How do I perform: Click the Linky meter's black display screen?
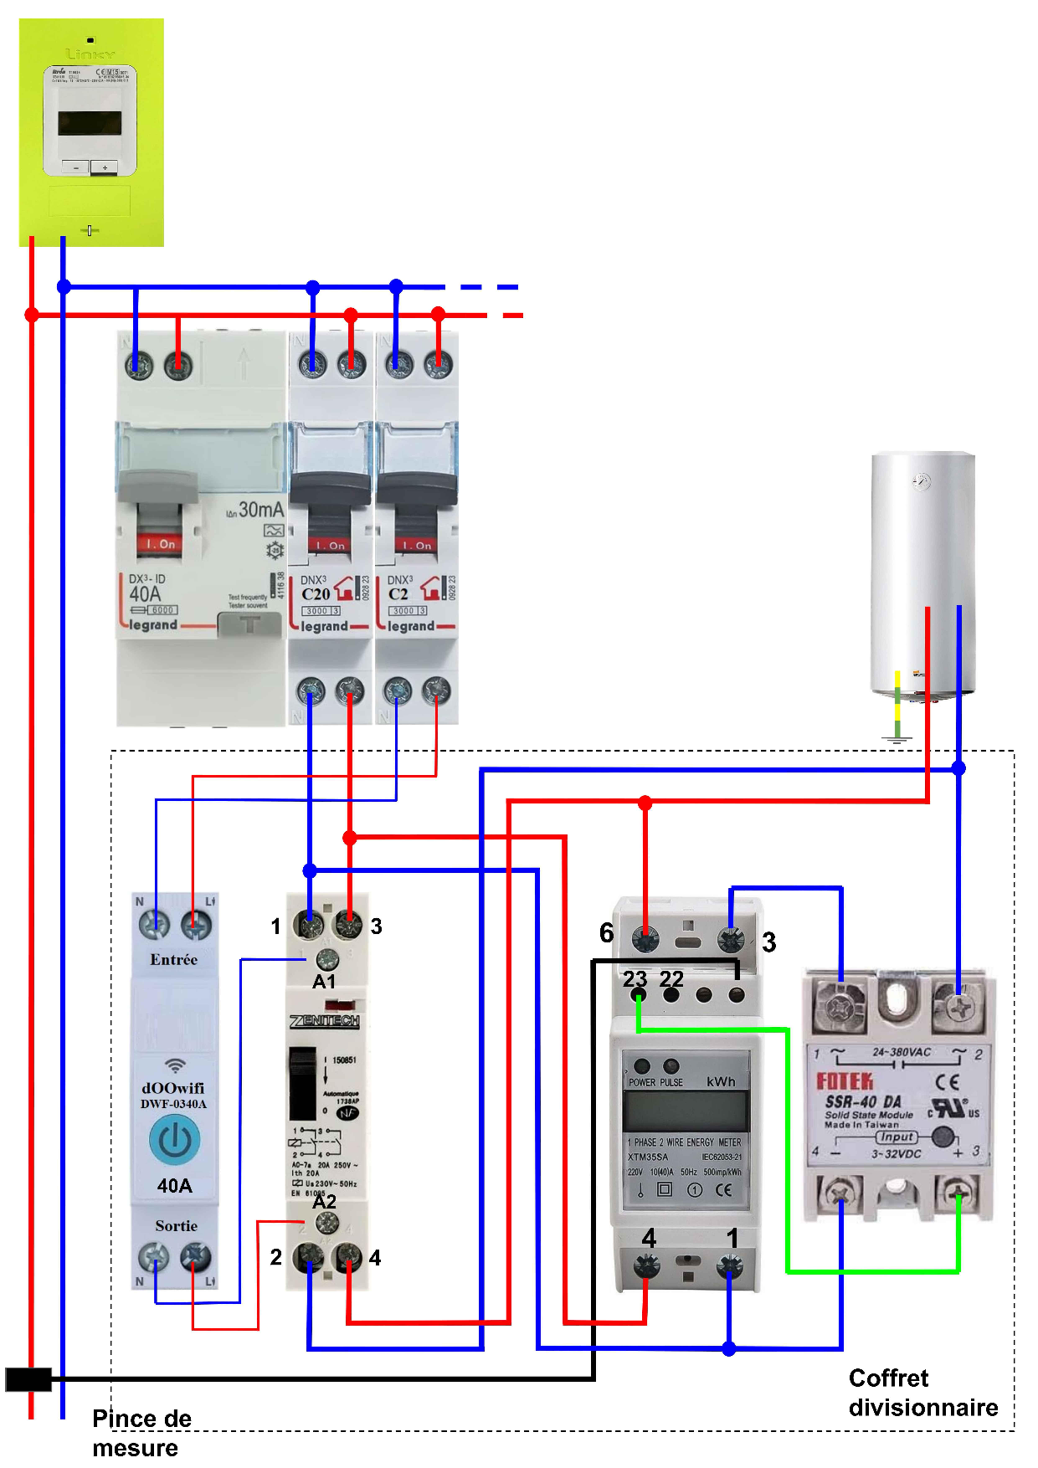pos(90,123)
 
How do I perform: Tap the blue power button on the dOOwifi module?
pos(174,1140)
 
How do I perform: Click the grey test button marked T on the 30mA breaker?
pos(249,624)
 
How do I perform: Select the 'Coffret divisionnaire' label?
pos(922,1393)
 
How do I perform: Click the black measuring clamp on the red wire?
pos(28,1379)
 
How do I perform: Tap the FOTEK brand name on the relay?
pos(845,1080)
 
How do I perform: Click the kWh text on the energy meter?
pos(720,1081)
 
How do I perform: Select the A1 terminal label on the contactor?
pos(324,982)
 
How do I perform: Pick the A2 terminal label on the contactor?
pos(324,1201)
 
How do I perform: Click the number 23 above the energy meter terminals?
pos(635,978)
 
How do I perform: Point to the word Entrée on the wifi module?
pos(174,960)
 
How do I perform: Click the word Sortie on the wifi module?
pos(176,1226)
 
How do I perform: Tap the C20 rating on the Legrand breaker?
pos(316,594)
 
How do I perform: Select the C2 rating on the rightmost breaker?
pos(398,594)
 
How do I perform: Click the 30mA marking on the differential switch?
pos(260,509)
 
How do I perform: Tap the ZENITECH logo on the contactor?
pos(325,1021)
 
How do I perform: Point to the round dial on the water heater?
pos(921,481)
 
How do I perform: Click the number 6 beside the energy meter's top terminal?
pos(607,932)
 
